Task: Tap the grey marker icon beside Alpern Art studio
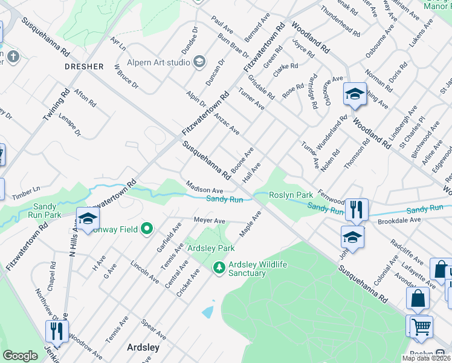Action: (x=199, y=62)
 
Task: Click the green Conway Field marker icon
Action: (x=146, y=229)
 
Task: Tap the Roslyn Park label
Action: (x=291, y=195)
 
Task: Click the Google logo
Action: (x=20, y=356)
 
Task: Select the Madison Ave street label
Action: (x=205, y=189)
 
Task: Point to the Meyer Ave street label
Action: (x=209, y=220)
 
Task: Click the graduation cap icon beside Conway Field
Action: (x=88, y=219)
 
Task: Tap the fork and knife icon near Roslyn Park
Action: (x=357, y=209)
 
